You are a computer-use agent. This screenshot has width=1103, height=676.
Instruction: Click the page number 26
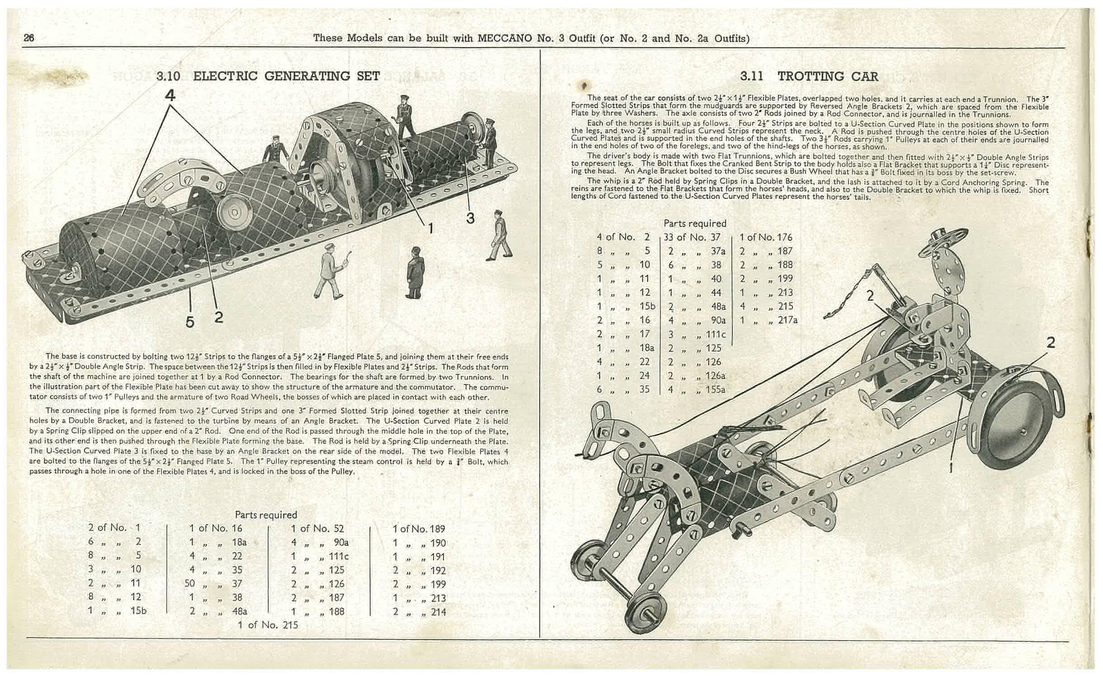click(x=29, y=38)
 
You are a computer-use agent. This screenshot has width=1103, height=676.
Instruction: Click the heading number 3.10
click(x=168, y=76)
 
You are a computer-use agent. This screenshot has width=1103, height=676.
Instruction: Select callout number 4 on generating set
click(x=170, y=95)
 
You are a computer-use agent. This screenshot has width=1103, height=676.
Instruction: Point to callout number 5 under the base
click(x=190, y=322)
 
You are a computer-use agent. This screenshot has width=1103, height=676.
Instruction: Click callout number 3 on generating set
click(x=470, y=218)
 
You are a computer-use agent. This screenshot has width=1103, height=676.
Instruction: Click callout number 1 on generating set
click(x=430, y=228)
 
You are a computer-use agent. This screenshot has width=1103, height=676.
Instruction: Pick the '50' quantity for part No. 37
click(x=189, y=583)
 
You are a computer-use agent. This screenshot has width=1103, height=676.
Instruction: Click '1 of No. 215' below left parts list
click(x=268, y=624)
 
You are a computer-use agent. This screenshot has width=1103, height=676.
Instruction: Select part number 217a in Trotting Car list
click(x=788, y=320)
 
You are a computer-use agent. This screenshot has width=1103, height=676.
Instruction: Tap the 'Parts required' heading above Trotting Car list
click(x=695, y=223)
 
